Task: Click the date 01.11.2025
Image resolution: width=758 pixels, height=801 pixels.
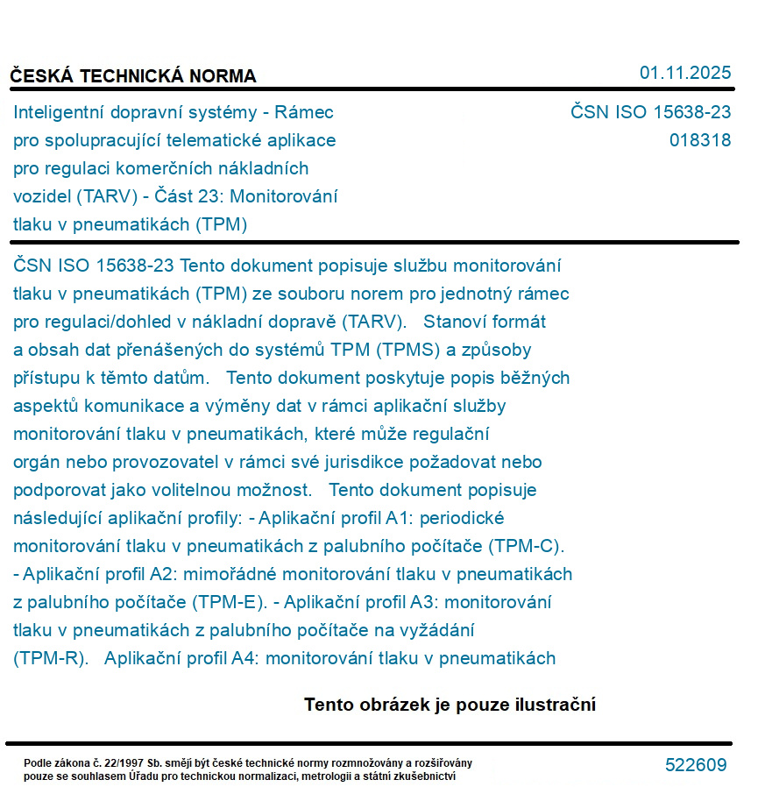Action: (x=685, y=73)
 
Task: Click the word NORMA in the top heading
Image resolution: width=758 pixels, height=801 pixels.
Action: (x=221, y=76)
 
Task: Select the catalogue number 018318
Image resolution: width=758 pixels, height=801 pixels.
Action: (x=699, y=140)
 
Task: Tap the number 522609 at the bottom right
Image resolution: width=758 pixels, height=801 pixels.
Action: (x=696, y=765)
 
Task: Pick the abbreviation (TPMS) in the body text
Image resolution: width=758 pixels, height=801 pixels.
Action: (x=407, y=350)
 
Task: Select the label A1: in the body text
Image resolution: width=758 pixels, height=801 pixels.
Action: (x=399, y=518)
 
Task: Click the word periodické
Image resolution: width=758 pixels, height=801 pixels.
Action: (x=462, y=518)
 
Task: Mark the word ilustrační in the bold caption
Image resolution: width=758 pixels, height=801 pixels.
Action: (x=552, y=705)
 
